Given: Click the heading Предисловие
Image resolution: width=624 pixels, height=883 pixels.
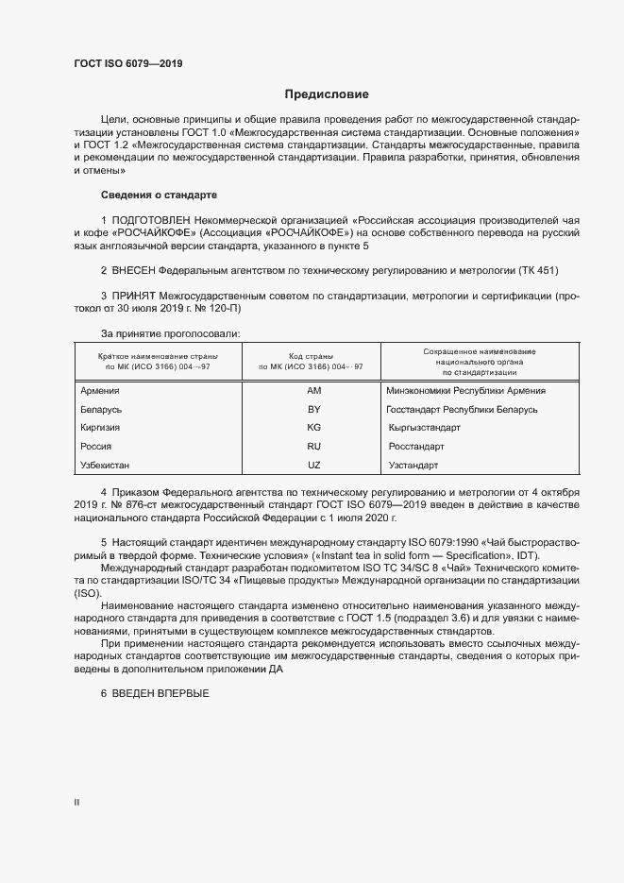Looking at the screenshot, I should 327,94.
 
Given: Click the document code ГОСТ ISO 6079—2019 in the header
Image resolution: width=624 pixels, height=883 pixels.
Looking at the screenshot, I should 127,64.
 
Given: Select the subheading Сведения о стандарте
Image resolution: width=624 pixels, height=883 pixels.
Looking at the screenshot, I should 159,195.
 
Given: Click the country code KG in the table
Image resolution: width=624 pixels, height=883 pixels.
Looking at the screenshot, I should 314,428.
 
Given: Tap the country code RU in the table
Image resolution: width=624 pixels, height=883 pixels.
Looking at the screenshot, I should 314,446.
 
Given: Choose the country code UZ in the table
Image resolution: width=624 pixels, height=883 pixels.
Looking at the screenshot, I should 314,465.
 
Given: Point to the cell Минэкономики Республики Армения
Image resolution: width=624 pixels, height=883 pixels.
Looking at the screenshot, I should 466,391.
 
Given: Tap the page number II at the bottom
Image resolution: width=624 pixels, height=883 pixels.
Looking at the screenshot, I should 77,803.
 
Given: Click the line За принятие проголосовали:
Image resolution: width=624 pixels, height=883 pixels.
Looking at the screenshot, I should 171,333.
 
